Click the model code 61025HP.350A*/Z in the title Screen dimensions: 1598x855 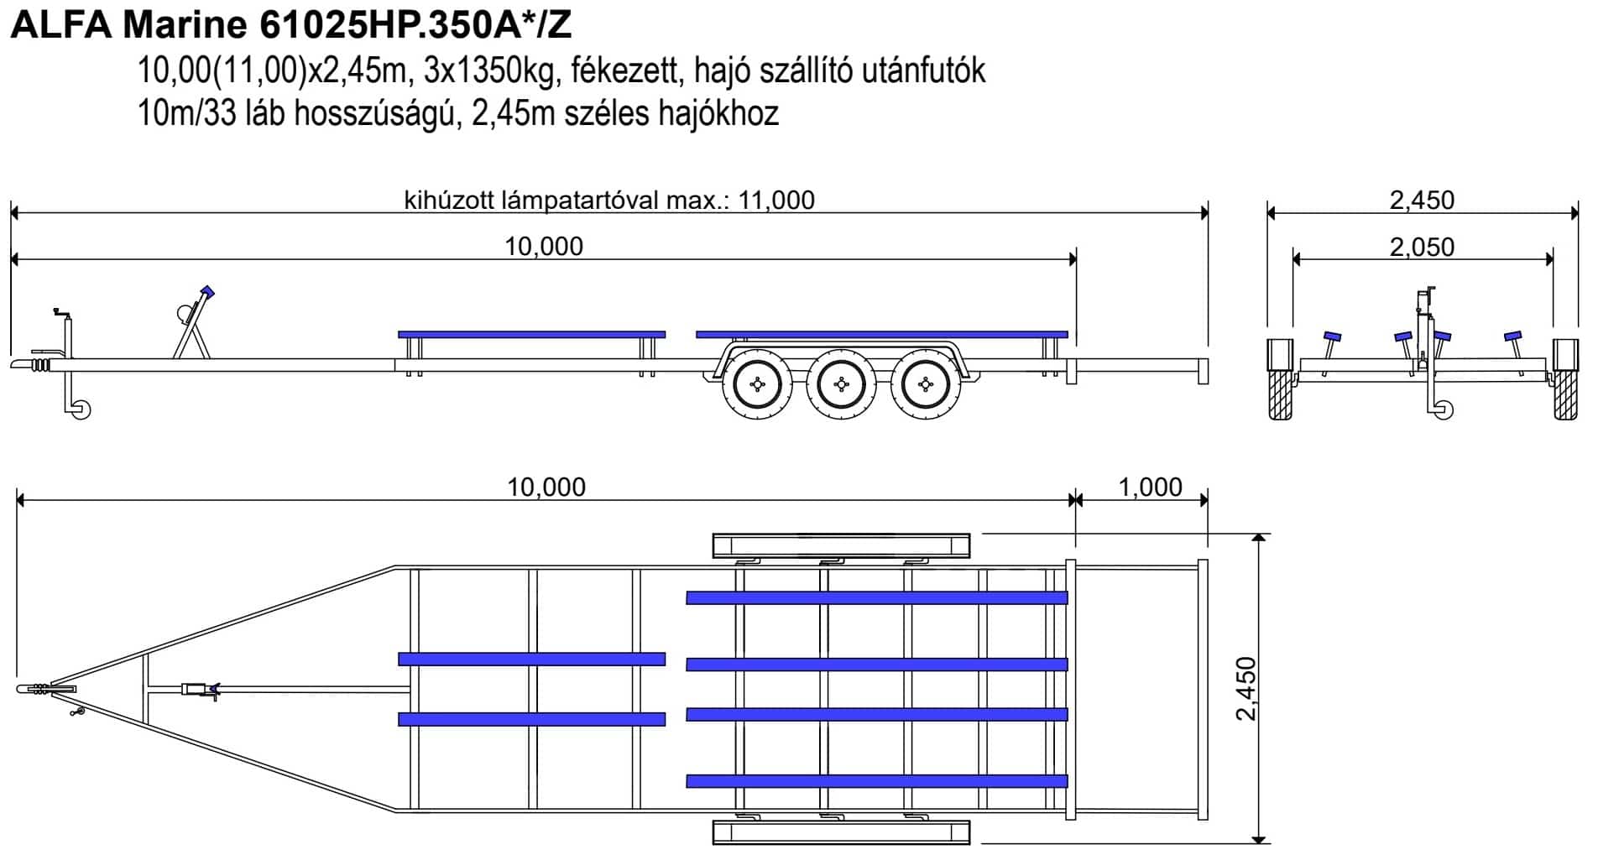point(415,25)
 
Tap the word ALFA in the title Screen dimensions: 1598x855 point(60,25)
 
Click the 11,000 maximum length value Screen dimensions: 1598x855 point(776,200)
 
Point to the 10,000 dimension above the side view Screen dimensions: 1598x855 point(544,246)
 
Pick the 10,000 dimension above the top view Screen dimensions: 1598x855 point(546,487)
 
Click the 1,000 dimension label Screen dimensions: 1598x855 point(1150,487)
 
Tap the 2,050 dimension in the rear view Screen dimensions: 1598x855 point(1422,247)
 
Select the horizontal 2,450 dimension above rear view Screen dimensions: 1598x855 point(1422,200)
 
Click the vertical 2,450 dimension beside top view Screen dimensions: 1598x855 point(1247,688)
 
